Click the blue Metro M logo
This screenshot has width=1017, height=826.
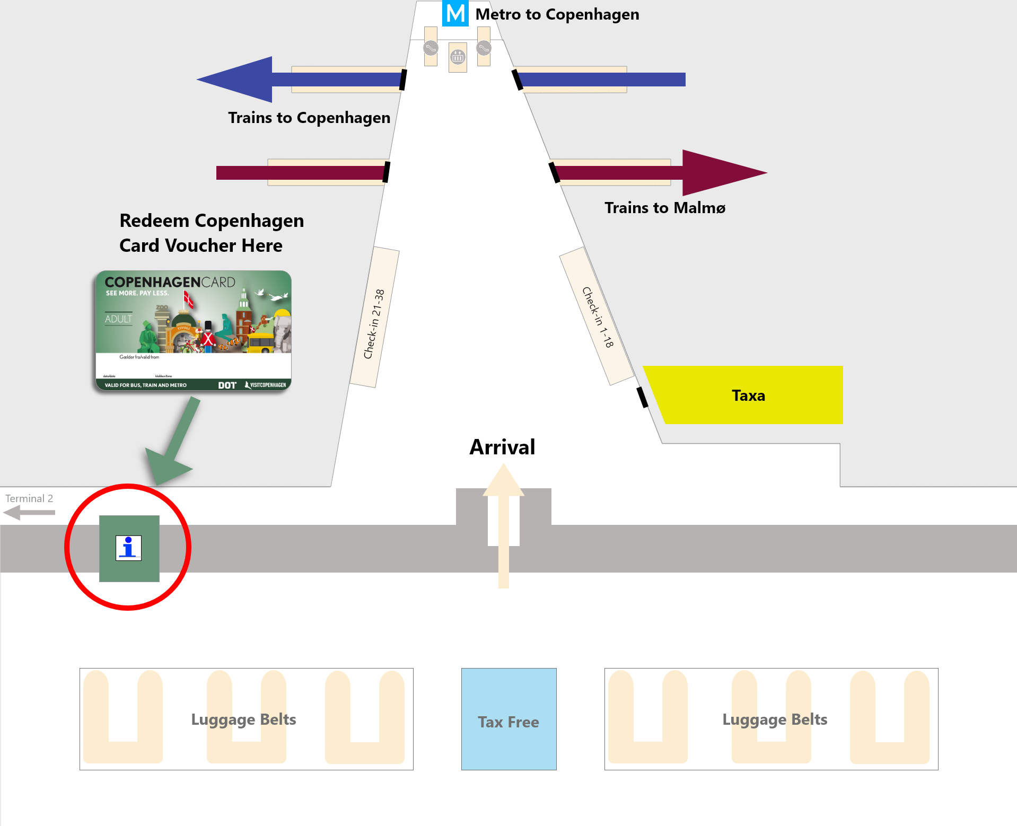pyautogui.click(x=455, y=13)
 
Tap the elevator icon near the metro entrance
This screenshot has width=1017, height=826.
pyautogui.click(x=458, y=56)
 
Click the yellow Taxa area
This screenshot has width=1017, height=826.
pyautogui.click(x=748, y=395)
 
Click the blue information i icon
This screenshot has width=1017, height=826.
pyautogui.click(x=129, y=548)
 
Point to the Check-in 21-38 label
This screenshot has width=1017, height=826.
pyautogui.click(x=374, y=323)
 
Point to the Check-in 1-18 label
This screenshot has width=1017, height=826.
pyautogui.click(x=598, y=317)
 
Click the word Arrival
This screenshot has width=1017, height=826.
pyautogui.click(x=502, y=447)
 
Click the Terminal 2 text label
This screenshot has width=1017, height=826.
pyautogui.click(x=29, y=498)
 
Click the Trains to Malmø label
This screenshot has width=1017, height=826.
pyautogui.click(x=665, y=207)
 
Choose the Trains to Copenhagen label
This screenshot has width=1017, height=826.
pyautogui.click(x=309, y=117)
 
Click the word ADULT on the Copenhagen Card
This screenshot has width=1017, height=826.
pyautogui.click(x=118, y=319)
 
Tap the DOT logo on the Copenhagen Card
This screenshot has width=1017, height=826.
pyautogui.click(x=227, y=385)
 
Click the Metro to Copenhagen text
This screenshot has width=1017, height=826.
pyautogui.click(x=557, y=14)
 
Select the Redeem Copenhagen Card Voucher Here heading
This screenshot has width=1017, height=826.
pyautogui.click(x=212, y=233)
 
